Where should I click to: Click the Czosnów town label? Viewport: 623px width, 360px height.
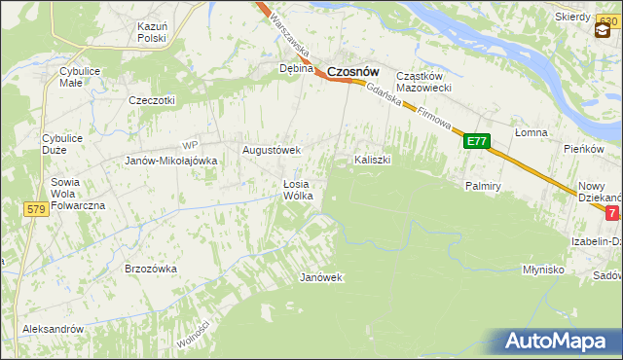click(352, 71)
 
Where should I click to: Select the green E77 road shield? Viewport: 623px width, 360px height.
click(475, 142)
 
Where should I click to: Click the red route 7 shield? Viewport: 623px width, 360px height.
click(611, 212)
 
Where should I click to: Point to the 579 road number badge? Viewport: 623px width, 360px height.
click(37, 209)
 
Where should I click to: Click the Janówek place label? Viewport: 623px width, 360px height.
click(321, 277)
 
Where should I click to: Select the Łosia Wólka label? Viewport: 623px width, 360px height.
click(297, 190)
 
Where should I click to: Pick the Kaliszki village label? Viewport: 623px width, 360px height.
click(373, 159)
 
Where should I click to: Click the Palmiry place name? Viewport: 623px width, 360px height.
click(483, 184)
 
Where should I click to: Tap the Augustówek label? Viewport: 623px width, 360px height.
click(272, 151)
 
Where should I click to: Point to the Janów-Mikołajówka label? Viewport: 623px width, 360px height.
click(170, 162)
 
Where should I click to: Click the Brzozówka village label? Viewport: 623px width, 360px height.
click(150, 268)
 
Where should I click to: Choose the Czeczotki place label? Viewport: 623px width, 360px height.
click(152, 100)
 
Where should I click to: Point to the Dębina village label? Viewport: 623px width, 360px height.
click(296, 69)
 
